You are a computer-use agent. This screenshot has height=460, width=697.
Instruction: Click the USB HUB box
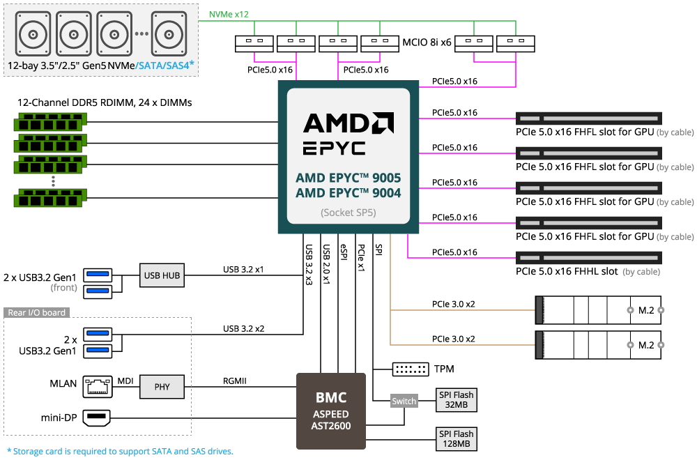point(162,275)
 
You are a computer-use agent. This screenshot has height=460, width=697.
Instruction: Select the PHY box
point(162,387)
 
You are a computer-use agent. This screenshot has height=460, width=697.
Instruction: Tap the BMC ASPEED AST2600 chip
point(331,411)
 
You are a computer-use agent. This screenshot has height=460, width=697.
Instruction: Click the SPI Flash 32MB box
point(457,400)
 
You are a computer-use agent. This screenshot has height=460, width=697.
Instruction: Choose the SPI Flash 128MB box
point(457,438)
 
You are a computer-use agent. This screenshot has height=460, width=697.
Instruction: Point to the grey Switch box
point(404,401)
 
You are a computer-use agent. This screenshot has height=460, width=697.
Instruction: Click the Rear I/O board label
point(36,312)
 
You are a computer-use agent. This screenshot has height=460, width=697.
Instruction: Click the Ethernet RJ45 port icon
point(97,387)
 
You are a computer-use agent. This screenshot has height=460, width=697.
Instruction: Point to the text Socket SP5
point(348,213)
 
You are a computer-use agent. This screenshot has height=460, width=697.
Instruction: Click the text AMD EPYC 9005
point(348,178)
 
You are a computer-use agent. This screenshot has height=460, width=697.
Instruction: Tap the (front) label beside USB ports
point(63,287)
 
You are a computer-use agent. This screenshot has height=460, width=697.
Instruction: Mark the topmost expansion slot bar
point(588,118)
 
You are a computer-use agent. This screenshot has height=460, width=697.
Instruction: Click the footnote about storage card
point(120,451)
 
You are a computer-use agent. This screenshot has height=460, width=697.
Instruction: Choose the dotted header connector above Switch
point(411,369)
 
